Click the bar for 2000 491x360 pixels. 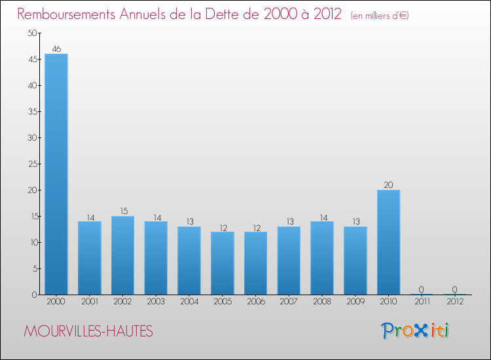[x=56, y=174]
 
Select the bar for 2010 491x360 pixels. [x=388, y=242]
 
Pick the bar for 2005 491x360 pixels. [x=222, y=263]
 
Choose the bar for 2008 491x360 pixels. [x=322, y=258]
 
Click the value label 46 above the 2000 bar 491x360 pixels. [x=56, y=49]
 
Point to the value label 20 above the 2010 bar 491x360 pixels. [x=388, y=185]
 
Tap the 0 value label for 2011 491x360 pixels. [x=422, y=290]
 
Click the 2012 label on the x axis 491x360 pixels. [x=455, y=301]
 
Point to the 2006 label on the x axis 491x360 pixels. [x=255, y=301]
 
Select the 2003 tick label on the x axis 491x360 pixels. [x=156, y=301]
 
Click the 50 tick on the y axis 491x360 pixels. [x=31, y=33]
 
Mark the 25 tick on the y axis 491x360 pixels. [x=31, y=164]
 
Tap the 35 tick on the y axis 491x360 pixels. [x=31, y=111]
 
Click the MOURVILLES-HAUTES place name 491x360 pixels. [x=88, y=332]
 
